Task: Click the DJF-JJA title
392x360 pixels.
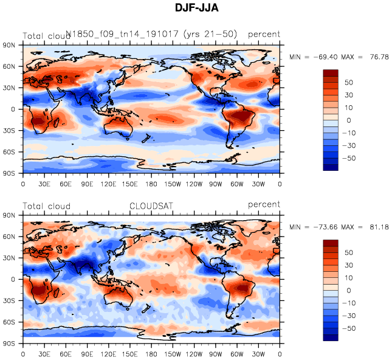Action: point(196,8)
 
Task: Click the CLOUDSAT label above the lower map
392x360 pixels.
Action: point(151,206)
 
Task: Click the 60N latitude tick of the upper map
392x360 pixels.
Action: point(10,66)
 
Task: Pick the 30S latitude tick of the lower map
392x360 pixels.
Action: point(10,301)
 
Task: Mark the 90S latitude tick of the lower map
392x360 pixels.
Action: point(10,344)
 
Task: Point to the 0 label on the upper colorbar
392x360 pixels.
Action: point(348,120)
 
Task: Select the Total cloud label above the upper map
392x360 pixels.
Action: point(47,36)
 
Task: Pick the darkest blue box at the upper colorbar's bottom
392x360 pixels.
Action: point(331,167)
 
